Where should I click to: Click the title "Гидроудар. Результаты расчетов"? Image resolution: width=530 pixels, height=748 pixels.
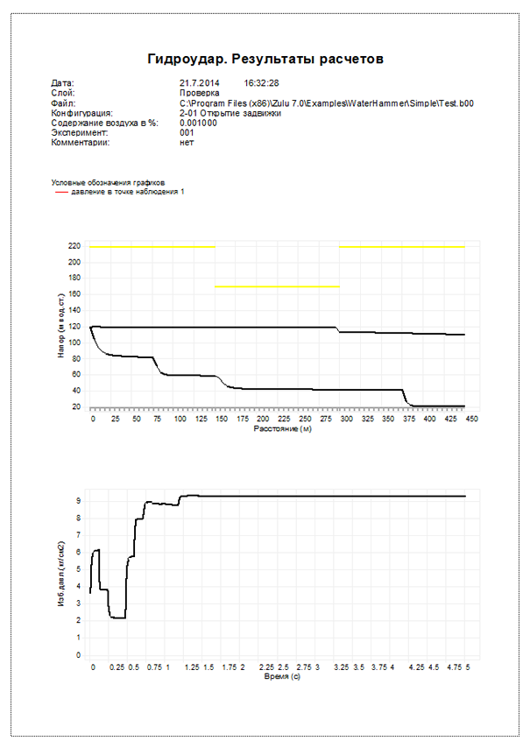click(x=265, y=59)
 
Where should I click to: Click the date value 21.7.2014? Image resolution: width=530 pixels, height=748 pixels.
click(x=199, y=83)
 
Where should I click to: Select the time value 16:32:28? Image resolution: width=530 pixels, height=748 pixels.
click(x=261, y=83)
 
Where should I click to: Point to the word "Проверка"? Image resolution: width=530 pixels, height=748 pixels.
click(x=199, y=93)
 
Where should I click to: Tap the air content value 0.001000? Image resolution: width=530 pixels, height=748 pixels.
click(x=198, y=123)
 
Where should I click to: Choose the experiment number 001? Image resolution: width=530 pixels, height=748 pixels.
click(x=187, y=133)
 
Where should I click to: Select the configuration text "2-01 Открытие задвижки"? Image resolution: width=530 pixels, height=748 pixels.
click(x=230, y=113)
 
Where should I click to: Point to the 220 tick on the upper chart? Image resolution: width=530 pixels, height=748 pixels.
click(x=74, y=247)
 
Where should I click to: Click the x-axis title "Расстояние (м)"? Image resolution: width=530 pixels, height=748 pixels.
click(x=282, y=430)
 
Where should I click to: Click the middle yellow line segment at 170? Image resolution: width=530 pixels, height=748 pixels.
click(x=277, y=286)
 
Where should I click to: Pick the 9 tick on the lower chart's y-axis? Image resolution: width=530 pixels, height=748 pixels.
click(x=78, y=500)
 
